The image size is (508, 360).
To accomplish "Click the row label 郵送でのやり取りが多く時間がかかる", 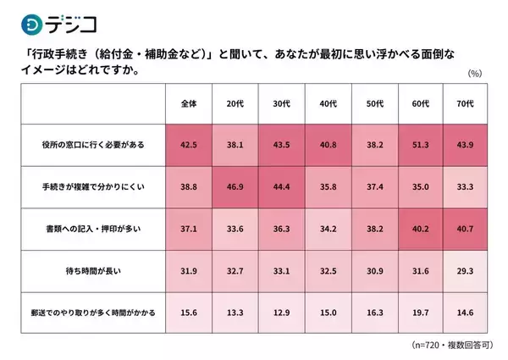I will (92, 313).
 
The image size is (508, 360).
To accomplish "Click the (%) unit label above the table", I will (474, 74).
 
